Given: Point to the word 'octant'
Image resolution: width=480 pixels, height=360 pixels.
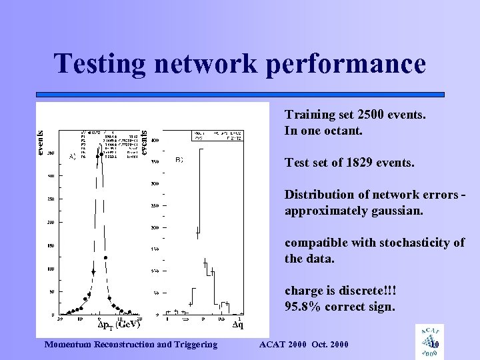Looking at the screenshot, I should pos(341,131).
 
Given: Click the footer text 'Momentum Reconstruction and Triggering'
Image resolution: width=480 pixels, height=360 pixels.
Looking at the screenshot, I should pos(129,344).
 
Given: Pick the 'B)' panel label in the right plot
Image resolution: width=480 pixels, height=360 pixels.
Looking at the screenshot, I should pos(179,161).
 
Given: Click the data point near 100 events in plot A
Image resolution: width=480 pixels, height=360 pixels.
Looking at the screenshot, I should pos(93,272).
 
